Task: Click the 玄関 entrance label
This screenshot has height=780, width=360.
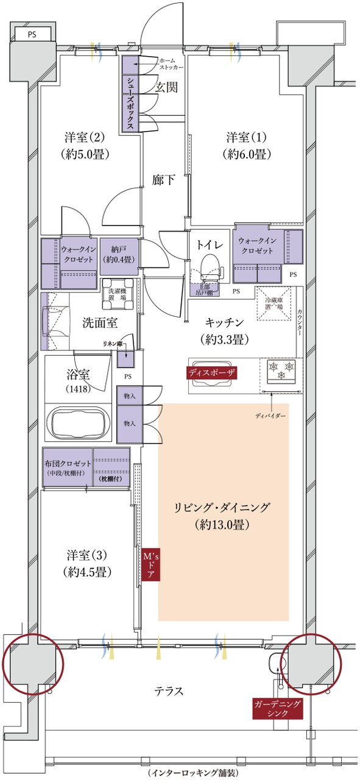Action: pos(166,87)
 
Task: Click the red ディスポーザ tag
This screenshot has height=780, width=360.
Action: pos(211,371)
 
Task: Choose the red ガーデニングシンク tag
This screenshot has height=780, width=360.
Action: pos(277,708)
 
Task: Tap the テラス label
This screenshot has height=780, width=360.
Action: pos(169,691)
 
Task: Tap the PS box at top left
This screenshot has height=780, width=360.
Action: pos(30,35)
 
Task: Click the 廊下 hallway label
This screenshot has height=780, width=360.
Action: pos(164,180)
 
